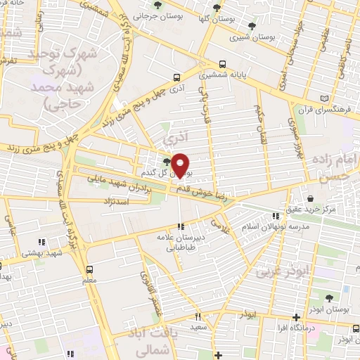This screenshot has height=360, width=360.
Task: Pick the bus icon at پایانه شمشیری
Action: click(223, 61)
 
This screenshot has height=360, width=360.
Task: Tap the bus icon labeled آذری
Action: click(176, 78)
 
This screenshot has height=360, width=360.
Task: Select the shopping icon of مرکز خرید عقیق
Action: click(310, 198)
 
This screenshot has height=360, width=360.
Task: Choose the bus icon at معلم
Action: click(89, 269)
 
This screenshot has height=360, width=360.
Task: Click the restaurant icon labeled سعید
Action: click(198, 316)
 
